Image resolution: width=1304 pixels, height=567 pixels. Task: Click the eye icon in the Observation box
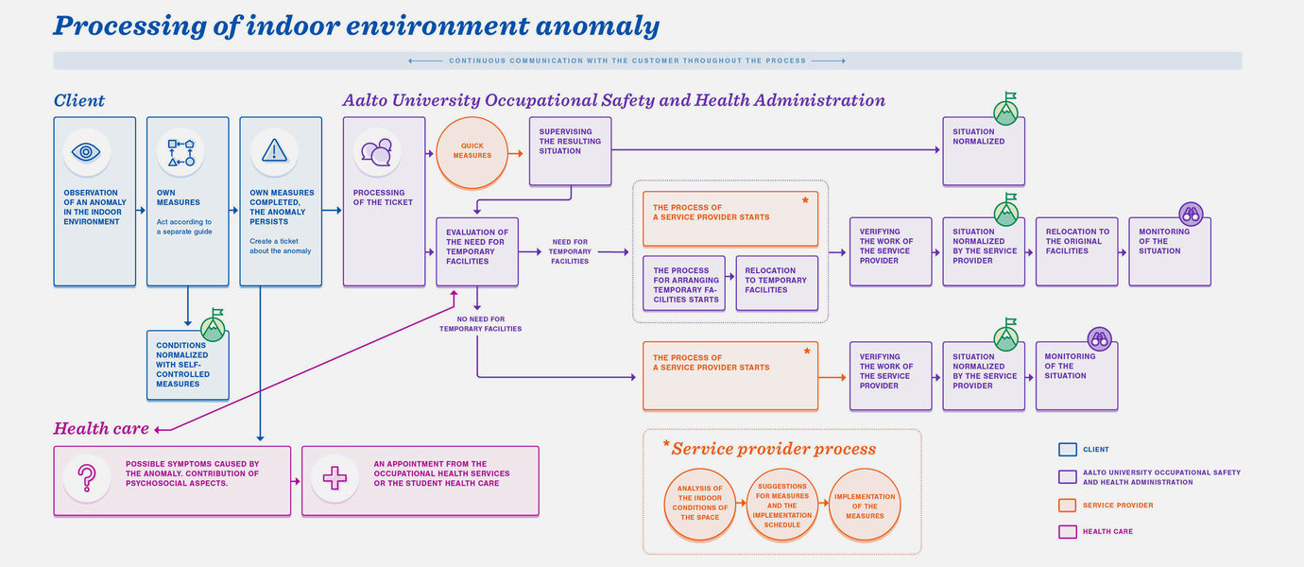tap(86, 152)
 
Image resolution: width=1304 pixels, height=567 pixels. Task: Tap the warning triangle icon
tap(274, 151)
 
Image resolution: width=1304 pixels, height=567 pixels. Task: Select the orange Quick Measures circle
tap(472, 152)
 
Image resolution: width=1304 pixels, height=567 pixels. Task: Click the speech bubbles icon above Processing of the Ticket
tap(377, 152)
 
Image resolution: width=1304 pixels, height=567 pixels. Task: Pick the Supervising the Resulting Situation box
tap(571, 151)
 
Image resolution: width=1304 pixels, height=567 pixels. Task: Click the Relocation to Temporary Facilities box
tap(777, 283)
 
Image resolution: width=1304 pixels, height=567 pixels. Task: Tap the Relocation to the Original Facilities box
tap(1077, 251)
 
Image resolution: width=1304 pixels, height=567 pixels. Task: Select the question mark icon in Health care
tap(87, 478)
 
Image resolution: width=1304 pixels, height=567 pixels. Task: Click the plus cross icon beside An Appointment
tap(335, 478)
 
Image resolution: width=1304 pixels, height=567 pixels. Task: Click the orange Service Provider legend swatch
tap(1067, 506)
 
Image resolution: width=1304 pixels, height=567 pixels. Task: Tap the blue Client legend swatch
tap(1067, 450)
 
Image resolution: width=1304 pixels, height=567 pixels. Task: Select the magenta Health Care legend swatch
tap(1067, 531)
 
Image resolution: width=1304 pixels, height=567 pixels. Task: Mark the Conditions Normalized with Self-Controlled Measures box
tap(188, 365)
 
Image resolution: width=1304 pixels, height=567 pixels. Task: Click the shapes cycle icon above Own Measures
tap(181, 152)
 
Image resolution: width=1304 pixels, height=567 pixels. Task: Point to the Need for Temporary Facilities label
tap(570, 251)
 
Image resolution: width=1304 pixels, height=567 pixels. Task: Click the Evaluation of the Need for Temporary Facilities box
tap(477, 251)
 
